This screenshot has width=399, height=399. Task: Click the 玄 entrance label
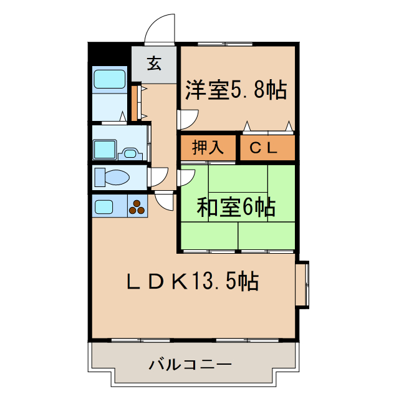pos(154,63)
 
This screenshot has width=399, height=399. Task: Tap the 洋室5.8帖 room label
pos(236,90)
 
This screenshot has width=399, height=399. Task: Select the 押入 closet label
pos(208,148)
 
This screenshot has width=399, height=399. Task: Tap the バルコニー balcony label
pos(182,363)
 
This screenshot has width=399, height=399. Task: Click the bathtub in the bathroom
pos(110,79)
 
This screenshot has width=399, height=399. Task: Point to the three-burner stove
pos(137,206)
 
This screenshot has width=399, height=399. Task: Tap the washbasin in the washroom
pos(131,151)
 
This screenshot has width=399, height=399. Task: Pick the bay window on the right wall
pos(302,284)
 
